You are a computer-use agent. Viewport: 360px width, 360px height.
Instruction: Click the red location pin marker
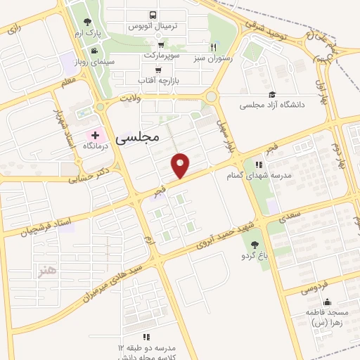coord(181,164)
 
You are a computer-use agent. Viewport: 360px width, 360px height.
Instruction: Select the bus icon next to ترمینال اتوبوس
coord(153,14)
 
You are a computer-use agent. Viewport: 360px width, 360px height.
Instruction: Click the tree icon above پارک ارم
coord(86,22)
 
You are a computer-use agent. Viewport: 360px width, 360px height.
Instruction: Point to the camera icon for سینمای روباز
coord(94,50)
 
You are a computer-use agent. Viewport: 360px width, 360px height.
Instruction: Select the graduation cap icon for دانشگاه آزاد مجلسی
coord(272,94)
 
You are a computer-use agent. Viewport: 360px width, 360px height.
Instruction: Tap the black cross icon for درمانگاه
coord(95,134)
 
